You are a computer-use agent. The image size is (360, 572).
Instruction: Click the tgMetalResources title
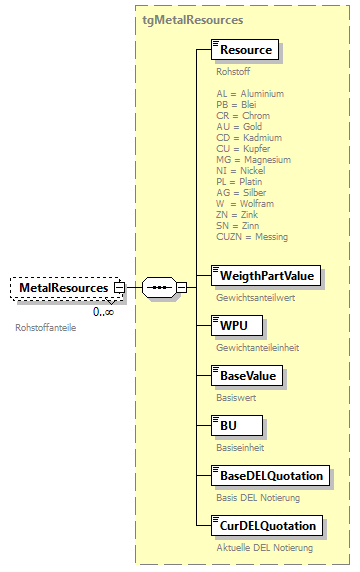pos(192,19)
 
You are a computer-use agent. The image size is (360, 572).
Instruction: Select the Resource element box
pos(245,50)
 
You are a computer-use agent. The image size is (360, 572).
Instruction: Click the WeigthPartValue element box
pos(265,275)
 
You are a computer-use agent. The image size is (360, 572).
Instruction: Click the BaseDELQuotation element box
pos(268,475)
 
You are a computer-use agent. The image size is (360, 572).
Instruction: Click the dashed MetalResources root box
pos(63,288)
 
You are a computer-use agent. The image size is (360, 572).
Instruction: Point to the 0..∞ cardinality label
pos(103,312)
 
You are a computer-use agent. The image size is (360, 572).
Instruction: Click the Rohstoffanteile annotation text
pos(46,327)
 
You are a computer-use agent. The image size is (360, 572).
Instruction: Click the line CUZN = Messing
pos(251,237)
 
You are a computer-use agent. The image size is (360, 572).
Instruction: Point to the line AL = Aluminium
pos(250,94)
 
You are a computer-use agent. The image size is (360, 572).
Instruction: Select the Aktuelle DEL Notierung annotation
pos(264,548)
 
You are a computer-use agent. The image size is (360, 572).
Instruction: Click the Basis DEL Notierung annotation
pos(258,498)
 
